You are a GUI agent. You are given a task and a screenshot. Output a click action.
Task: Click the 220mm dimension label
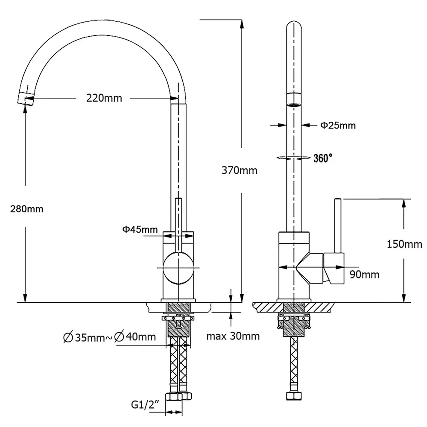click(104, 98)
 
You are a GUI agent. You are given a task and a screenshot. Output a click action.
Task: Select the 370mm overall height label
click(240, 170)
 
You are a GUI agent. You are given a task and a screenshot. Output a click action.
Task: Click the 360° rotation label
click(323, 158)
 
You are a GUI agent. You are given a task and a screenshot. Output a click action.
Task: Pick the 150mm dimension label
click(404, 244)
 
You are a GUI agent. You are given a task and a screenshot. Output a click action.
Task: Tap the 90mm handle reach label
click(364, 275)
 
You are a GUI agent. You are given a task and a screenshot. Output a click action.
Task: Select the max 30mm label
click(233, 336)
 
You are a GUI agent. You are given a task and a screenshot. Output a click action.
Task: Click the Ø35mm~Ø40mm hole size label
click(109, 337)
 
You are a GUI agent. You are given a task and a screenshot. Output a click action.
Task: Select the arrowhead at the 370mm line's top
click(241, 23)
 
